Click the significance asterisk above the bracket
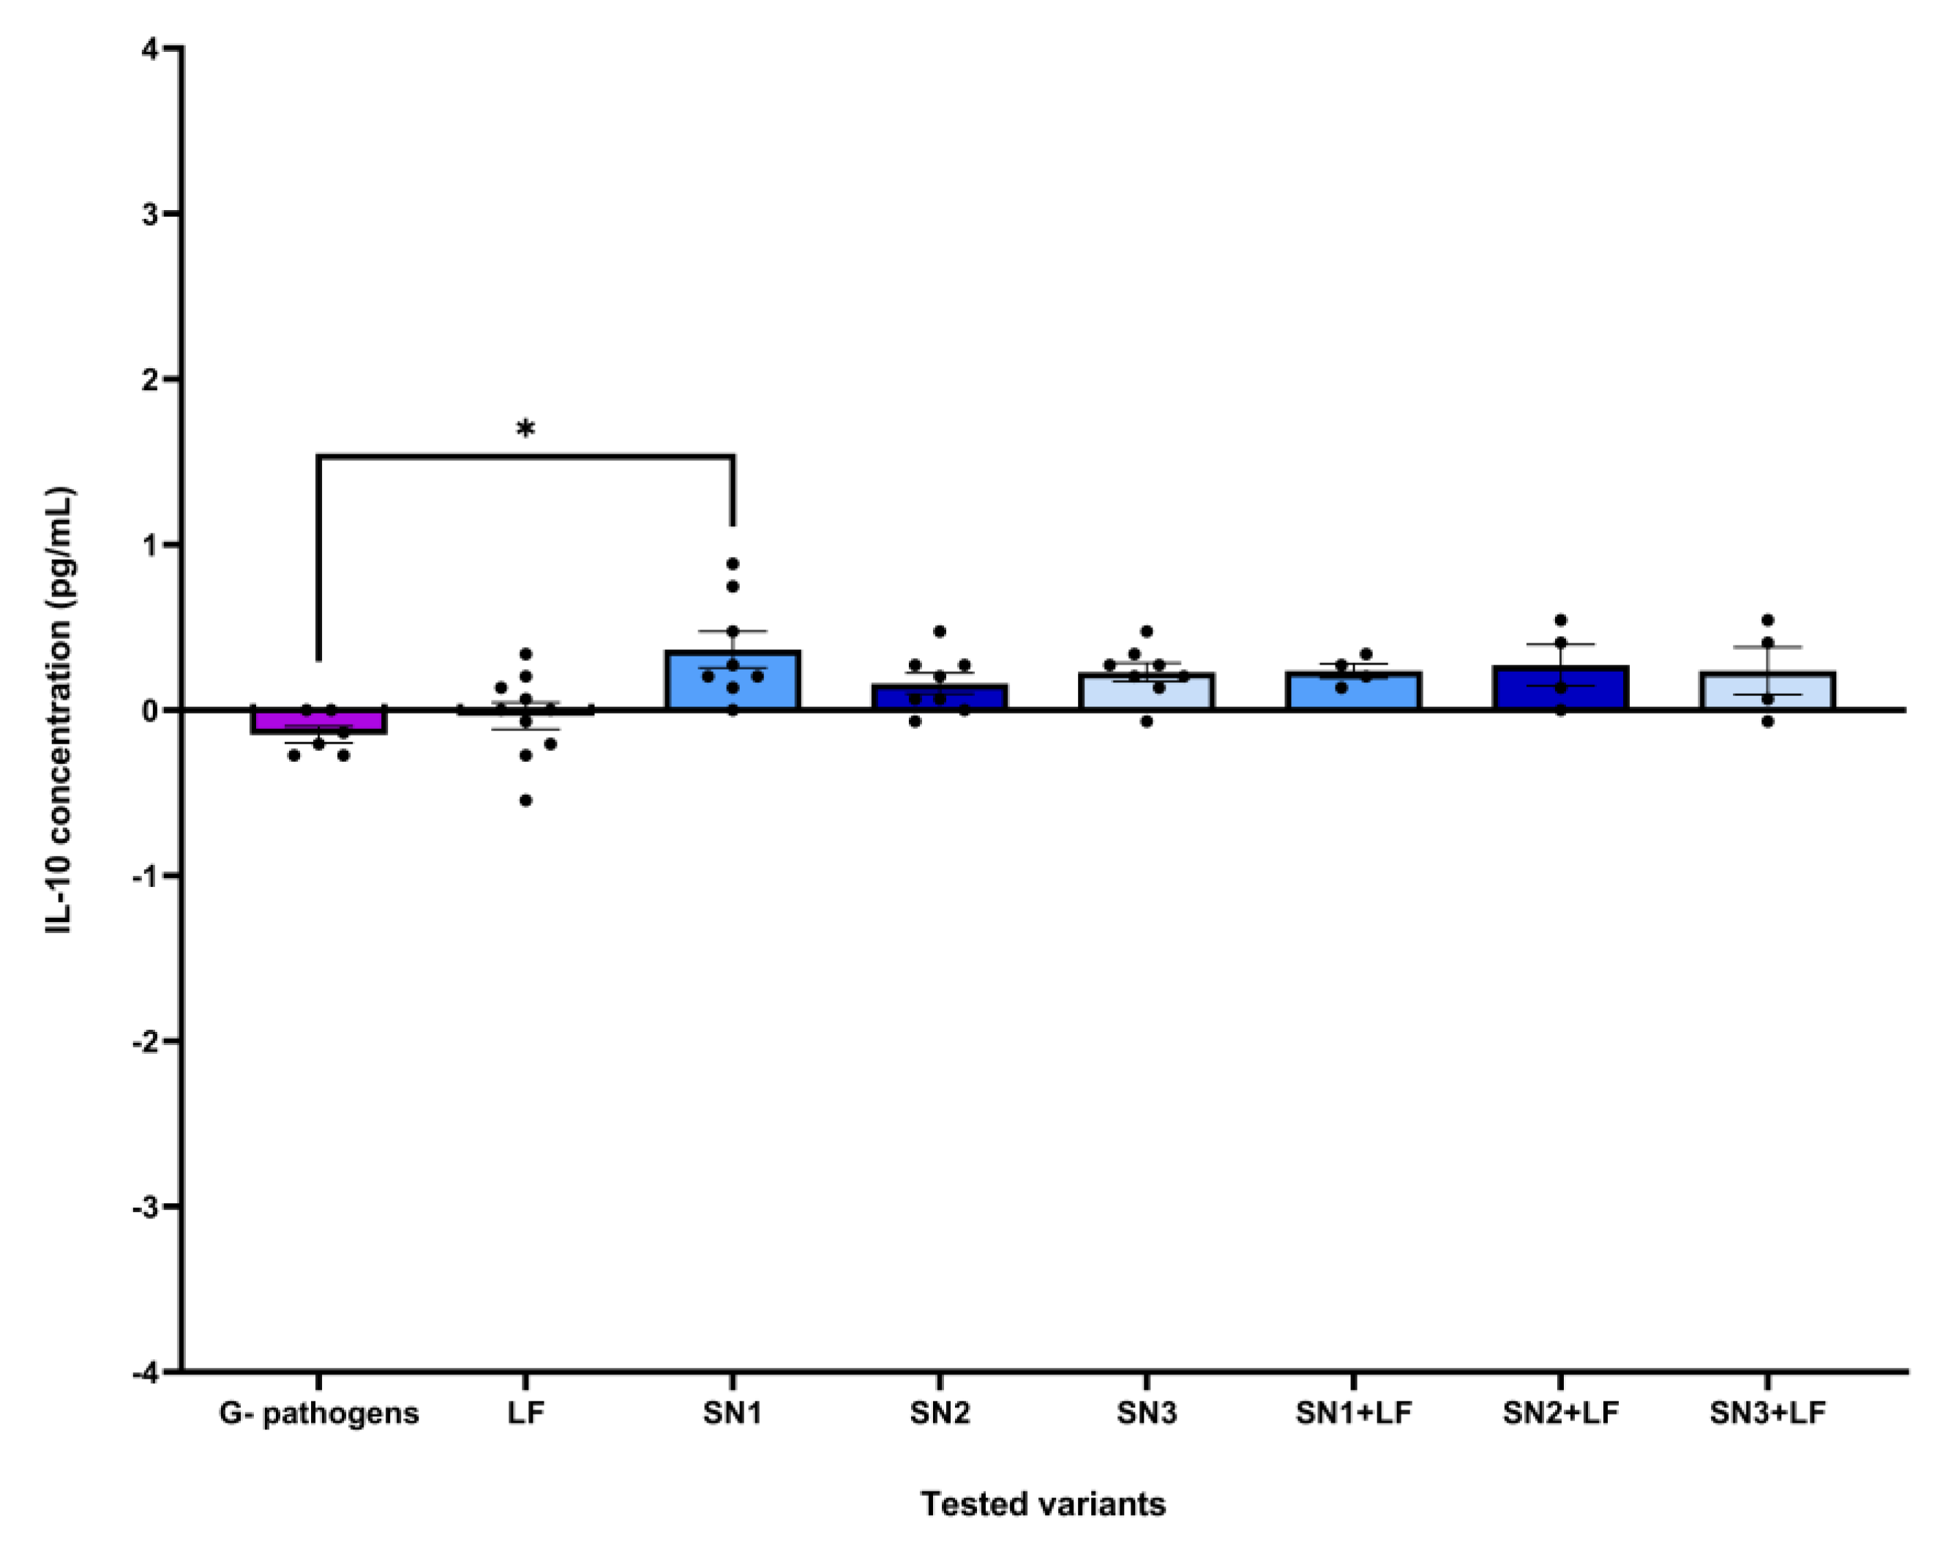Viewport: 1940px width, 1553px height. click(525, 429)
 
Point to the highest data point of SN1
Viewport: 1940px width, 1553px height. click(733, 564)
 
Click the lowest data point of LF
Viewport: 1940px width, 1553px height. click(526, 801)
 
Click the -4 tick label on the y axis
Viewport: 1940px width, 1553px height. click(144, 1372)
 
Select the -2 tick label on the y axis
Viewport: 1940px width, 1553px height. click(144, 1042)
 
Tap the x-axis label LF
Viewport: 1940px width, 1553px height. click(525, 1412)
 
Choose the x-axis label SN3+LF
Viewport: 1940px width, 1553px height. click(1767, 1412)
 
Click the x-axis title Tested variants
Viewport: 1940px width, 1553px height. click(1043, 1503)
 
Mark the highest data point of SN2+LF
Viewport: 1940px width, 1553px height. click(1560, 621)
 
